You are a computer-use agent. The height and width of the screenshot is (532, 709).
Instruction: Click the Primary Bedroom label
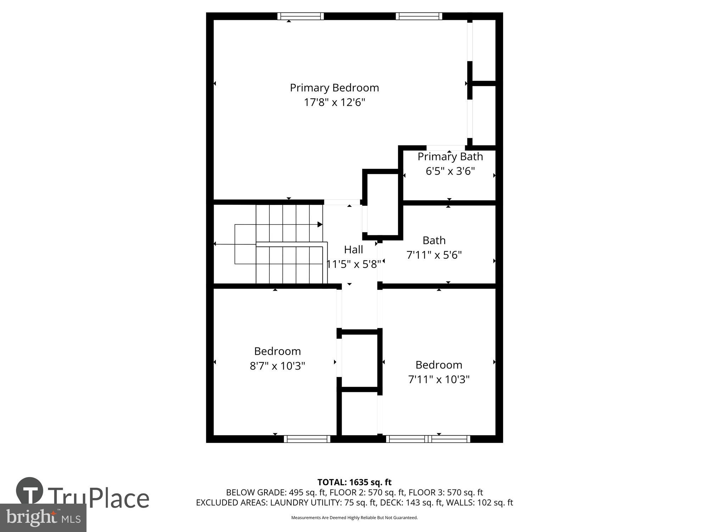pyautogui.click(x=334, y=88)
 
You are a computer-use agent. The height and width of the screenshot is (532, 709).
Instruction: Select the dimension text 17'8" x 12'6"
pyautogui.click(x=334, y=102)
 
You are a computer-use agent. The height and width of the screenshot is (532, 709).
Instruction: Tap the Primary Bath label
pyautogui.click(x=450, y=156)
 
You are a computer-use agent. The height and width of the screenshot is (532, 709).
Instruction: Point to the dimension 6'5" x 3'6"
pyautogui.click(x=450, y=171)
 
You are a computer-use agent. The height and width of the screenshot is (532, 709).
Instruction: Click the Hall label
pyautogui.click(x=353, y=250)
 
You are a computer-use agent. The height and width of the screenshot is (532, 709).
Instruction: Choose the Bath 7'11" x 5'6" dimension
pyautogui.click(x=434, y=255)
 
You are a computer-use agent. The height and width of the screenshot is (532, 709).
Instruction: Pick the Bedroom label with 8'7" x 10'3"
pyautogui.click(x=277, y=351)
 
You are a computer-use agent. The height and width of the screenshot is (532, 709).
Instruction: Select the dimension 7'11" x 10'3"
pyautogui.click(x=439, y=379)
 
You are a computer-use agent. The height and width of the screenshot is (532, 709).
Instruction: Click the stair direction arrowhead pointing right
pyautogui.click(x=320, y=225)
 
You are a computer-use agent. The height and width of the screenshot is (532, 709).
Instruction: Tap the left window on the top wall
pyautogui.click(x=300, y=16)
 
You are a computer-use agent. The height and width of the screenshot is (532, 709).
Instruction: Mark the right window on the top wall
pyautogui.click(x=419, y=16)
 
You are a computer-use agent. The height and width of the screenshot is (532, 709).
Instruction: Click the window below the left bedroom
pyautogui.click(x=307, y=439)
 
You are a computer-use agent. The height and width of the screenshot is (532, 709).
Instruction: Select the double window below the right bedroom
pyautogui.click(x=428, y=439)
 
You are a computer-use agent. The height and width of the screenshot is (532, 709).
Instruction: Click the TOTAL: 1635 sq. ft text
pyautogui.click(x=354, y=482)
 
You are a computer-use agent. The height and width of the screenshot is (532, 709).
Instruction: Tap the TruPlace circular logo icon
pyautogui.click(x=30, y=491)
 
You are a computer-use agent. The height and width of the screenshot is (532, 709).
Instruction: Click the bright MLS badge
pyautogui.click(x=43, y=518)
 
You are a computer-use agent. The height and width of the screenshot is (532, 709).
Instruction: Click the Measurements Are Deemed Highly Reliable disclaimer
pyautogui.click(x=354, y=518)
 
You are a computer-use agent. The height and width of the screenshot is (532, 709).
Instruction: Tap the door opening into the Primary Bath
pyautogui.click(x=446, y=148)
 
